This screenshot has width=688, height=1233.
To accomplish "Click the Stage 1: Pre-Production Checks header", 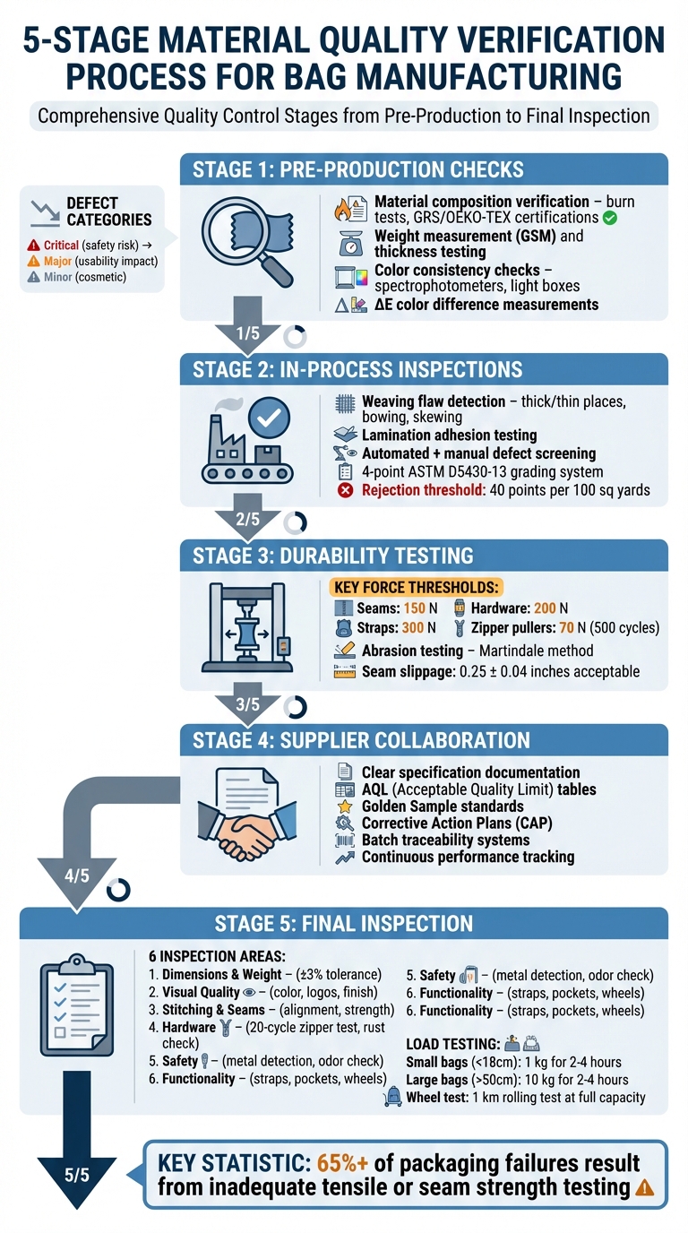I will click(x=358, y=169).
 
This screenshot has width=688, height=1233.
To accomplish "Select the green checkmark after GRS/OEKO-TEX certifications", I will click(x=610, y=218).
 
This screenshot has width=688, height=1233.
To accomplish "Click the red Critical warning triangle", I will click(x=34, y=245).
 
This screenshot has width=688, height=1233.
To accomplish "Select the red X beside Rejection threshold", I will click(x=344, y=490).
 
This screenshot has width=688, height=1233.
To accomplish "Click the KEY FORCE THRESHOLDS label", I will click(x=417, y=587).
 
